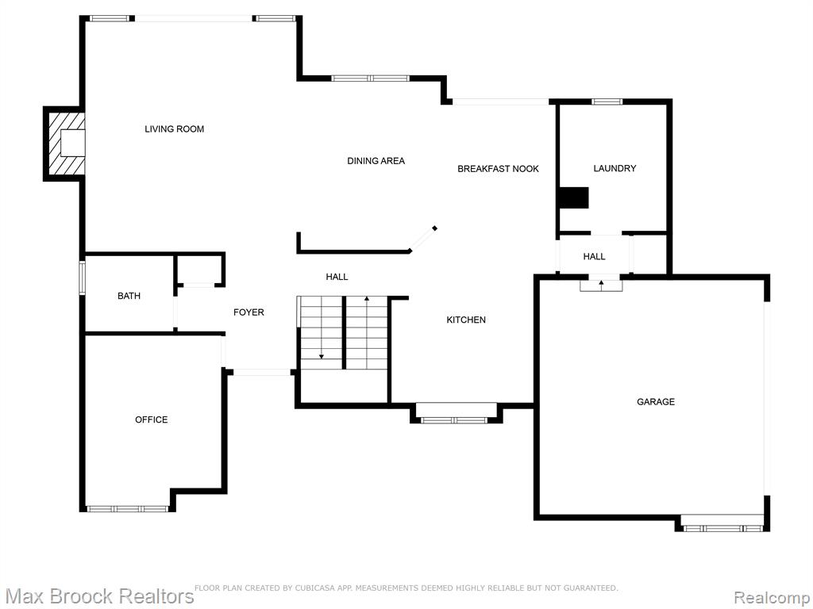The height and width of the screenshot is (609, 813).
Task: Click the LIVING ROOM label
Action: [x=174, y=129]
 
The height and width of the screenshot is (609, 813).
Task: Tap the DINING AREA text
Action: [x=376, y=161]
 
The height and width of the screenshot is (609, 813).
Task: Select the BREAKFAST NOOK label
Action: [x=498, y=169]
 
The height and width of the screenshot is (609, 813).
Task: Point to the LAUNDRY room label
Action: [x=615, y=168]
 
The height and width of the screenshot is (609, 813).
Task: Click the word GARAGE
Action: [x=655, y=401]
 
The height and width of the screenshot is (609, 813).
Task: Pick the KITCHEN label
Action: [x=466, y=320]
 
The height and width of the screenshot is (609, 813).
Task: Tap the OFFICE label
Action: [x=152, y=419]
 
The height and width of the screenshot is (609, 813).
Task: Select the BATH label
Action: [x=129, y=296]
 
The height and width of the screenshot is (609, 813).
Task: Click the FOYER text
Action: [x=249, y=312]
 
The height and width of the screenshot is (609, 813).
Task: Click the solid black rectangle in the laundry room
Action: [x=573, y=197]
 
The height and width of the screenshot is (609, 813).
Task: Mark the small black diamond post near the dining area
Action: [x=434, y=228]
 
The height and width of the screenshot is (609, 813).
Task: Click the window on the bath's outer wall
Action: [x=82, y=278]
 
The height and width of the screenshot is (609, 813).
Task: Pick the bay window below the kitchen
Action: [x=454, y=420]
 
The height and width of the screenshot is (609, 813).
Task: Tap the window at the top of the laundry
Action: [x=607, y=101]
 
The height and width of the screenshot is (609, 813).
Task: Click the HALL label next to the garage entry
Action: [x=594, y=256]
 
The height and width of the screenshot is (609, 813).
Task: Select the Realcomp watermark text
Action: [x=773, y=597]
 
